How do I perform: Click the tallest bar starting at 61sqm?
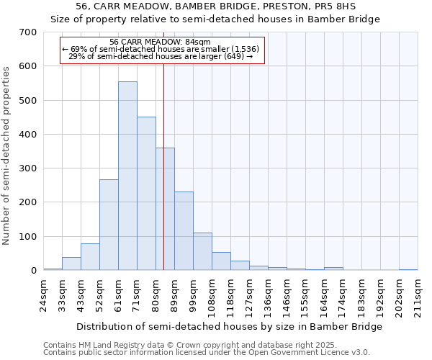(x=127, y=176)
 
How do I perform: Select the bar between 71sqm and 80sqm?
(x=146, y=194)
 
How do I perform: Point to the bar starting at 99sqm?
(x=202, y=252)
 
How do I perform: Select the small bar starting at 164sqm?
(x=333, y=269)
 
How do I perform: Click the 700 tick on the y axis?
(x=28, y=32)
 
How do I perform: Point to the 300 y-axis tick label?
(x=28, y=168)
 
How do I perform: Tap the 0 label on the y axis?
(x=34, y=271)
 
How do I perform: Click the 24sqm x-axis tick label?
(x=43, y=294)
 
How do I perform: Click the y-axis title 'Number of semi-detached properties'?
(x=7, y=155)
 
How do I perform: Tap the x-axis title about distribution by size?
(x=229, y=326)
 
